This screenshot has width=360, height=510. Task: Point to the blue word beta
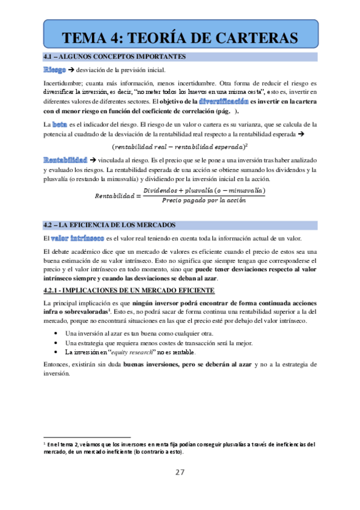pos(60,124)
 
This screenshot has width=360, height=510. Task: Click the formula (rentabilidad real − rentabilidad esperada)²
pos(180,147)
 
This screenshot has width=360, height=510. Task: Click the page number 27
pos(180,472)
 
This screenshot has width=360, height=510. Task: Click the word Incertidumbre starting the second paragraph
pos(64,82)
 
